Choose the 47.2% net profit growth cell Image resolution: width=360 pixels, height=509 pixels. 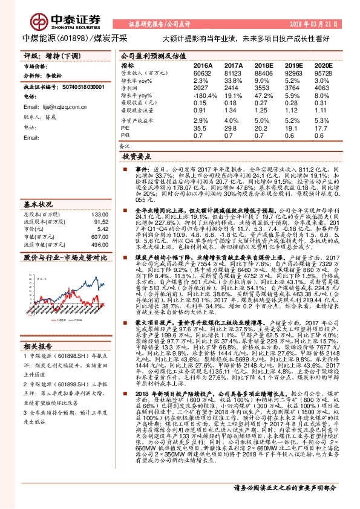point(264,96)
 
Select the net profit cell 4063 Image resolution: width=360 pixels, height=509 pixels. point(324,88)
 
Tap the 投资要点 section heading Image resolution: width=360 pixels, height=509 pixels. point(135,156)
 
